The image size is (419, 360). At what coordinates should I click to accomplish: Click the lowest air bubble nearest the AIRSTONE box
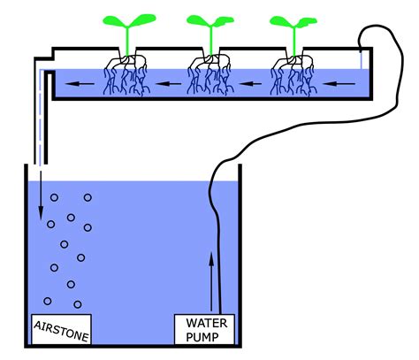[x=78, y=304]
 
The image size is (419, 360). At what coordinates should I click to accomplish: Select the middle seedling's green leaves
[x=209, y=22]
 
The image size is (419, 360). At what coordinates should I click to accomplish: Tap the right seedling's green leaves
[x=293, y=22]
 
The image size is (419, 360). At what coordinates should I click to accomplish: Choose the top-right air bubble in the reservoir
[x=87, y=198]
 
